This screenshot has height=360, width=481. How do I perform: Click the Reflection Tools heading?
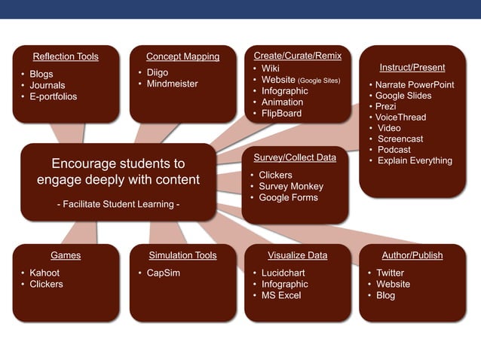[x=66, y=56]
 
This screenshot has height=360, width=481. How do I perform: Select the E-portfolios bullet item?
[x=53, y=96]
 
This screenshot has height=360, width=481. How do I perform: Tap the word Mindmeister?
[x=173, y=84]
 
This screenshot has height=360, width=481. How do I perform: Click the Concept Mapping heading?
[x=182, y=56]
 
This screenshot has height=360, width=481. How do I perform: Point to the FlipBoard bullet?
[x=281, y=113]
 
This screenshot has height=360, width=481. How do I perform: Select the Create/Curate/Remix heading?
[x=297, y=56]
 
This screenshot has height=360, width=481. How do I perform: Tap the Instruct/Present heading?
[x=412, y=68]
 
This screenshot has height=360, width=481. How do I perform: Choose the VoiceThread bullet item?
[x=400, y=117]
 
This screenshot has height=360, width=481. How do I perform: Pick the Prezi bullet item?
[x=385, y=106]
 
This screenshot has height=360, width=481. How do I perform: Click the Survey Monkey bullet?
[x=290, y=186]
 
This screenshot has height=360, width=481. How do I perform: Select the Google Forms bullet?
[x=288, y=197]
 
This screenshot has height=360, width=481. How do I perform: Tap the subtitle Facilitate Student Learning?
[x=118, y=203]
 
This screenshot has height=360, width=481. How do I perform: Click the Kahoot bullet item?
[x=44, y=273]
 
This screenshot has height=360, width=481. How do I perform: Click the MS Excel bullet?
[x=281, y=295]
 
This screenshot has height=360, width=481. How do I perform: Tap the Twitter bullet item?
[x=391, y=273]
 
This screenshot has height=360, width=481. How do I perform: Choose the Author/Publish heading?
[x=412, y=255]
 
